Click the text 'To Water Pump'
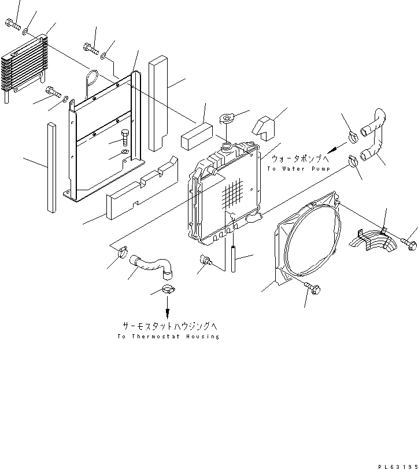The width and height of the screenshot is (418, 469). point(298,169)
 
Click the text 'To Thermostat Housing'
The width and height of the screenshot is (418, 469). point(168,337)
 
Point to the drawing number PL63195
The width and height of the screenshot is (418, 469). point(395,463)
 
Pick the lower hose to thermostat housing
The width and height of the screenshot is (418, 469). point(151,265)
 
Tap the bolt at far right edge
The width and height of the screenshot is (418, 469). point(409,245)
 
